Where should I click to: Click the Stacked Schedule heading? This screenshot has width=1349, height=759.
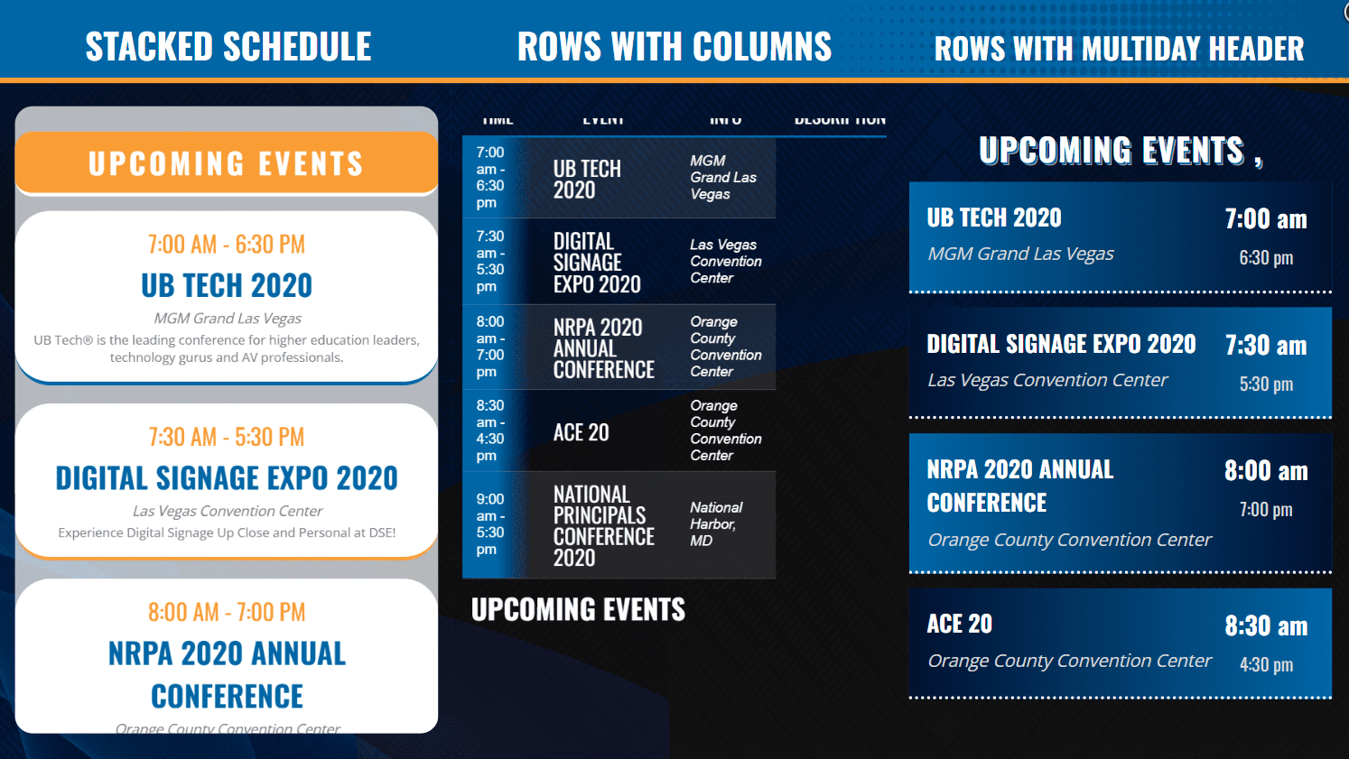tap(228, 47)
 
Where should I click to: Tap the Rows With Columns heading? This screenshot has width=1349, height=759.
tap(674, 47)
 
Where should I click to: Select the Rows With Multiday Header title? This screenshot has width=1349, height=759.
tap(1119, 49)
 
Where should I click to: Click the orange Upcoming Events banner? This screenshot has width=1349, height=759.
tap(227, 163)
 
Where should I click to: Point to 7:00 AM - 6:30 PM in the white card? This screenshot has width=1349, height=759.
tap(227, 245)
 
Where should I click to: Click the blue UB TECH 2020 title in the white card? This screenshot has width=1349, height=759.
tap(227, 286)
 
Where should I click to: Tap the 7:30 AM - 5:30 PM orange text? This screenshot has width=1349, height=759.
tap(227, 438)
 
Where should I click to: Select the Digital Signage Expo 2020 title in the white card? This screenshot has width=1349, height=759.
tap(227, 478)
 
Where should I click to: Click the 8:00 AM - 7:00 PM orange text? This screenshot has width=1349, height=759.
tap(227, 613)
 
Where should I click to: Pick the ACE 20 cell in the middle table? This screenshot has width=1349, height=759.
tap(581, 432)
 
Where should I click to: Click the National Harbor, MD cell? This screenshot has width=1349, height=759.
tap(715, 524)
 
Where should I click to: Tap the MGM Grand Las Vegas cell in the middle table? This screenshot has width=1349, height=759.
tap(722, 177)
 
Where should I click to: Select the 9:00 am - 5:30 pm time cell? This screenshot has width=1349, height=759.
tap(490, 524)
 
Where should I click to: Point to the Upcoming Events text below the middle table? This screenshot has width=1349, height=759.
tap(578, 610)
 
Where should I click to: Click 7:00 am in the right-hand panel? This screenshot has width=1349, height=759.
tap(1265, 219)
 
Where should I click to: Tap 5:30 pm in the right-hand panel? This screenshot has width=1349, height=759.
tap(1265, 384)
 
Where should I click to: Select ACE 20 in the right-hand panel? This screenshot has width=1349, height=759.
tap(959, 624)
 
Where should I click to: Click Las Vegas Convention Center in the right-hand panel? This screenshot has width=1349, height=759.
tap(1047, 380)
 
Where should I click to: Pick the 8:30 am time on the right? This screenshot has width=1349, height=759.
tap(1265, 626)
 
